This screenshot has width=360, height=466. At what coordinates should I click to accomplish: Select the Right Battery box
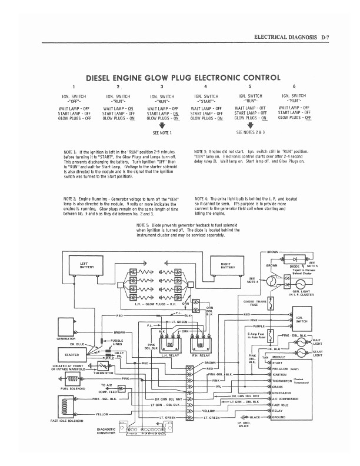tap(229, 267)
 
